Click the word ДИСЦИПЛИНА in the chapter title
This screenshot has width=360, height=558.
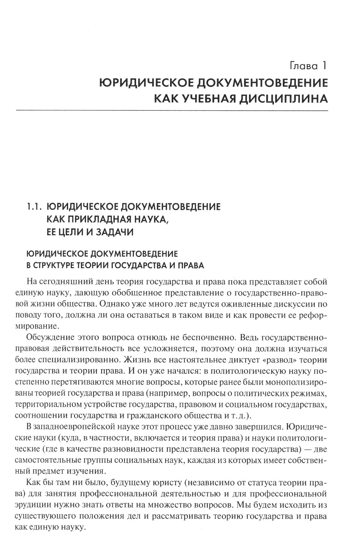tap(283, 98)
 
